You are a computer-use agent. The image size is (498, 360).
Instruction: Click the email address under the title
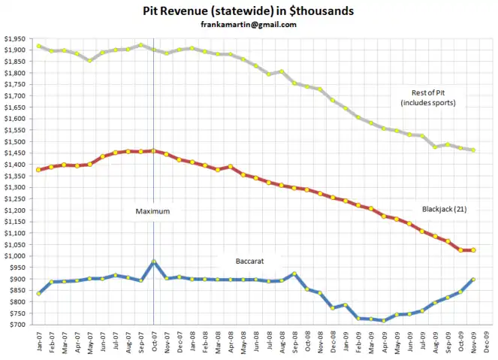(x=248, y=24)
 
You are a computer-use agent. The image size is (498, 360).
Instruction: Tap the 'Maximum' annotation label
(x=152, y=211)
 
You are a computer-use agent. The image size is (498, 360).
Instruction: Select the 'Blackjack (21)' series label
(x=443, y=209)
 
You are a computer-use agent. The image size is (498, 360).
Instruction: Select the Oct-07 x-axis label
(x=153, y=341)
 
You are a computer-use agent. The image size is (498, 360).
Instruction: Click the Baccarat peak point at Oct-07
(x=153, y=262)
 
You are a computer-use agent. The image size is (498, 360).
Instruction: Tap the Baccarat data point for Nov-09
(x=473, y=279)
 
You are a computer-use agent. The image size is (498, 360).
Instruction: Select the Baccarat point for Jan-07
(x=38, y=293)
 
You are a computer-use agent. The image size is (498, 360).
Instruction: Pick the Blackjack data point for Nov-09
(x=473, y=250)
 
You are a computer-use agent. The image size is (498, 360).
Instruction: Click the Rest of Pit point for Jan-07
(x=38, y=46)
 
